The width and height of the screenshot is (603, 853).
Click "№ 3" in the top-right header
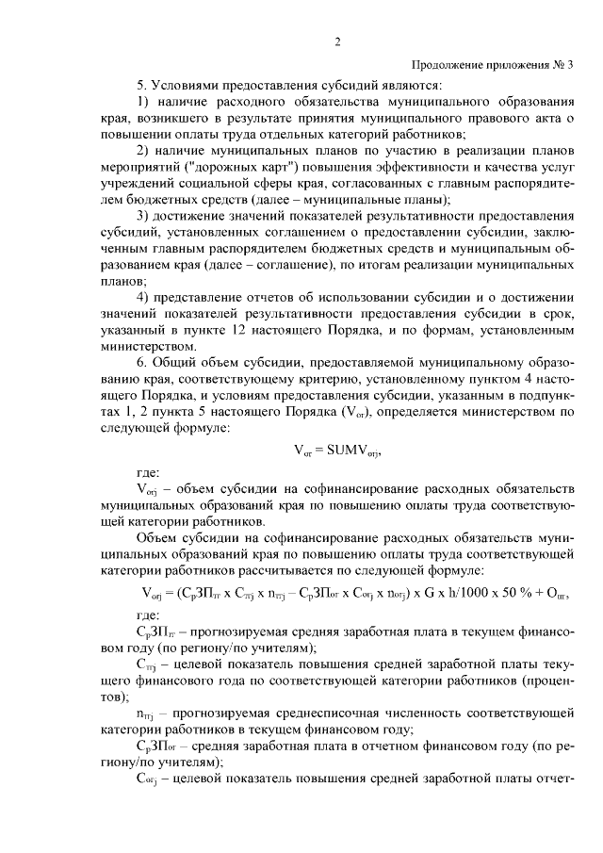561,64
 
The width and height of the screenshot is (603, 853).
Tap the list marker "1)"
144,101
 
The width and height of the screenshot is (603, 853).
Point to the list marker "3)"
144,216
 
